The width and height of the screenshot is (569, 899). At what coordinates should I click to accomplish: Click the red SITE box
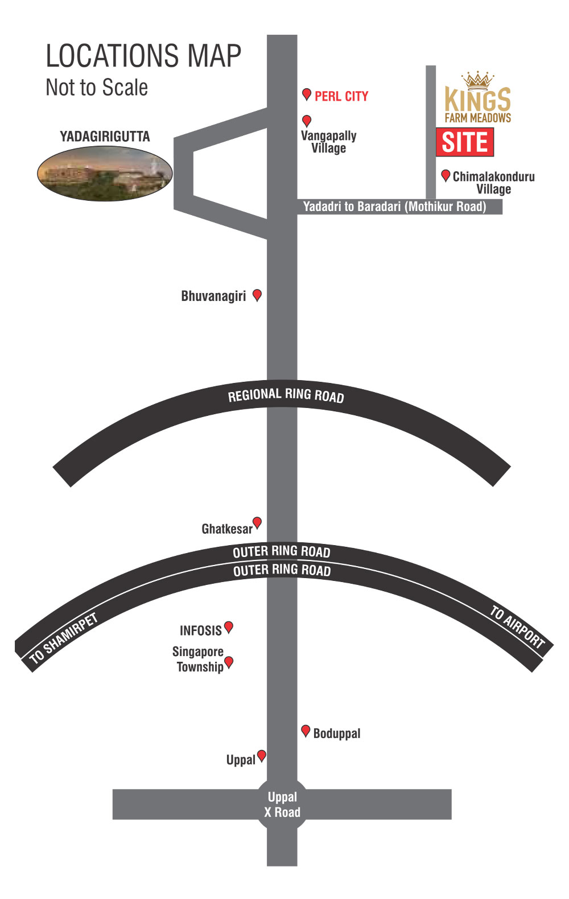tap(464, 142)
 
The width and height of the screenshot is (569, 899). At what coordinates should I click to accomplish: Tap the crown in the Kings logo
tap(477, 80)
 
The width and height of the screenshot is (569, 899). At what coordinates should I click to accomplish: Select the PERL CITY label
tap(341, 96)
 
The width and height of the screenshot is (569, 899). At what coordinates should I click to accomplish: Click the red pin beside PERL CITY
tap(306, 94)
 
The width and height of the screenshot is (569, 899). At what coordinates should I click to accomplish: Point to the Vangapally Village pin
tap(307, 120)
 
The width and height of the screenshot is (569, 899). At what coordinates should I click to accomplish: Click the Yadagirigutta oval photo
tap(105, 173)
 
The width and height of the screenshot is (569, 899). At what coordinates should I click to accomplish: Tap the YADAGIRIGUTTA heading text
tap(105, 137)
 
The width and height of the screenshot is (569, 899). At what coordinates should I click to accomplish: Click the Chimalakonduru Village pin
tap(446, 175)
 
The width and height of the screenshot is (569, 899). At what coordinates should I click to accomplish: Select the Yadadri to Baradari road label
tap(394, 207)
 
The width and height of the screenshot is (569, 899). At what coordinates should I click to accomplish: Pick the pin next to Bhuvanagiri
tap(257, 294)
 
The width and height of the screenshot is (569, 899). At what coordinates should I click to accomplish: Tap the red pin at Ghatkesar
tap(257, 522)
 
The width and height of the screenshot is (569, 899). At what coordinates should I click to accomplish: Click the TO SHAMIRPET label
tap(63, 638)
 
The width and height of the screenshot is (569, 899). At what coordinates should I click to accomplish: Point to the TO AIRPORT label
tap(517, 628)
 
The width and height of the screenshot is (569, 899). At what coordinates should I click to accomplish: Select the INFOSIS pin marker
tap(229, 626)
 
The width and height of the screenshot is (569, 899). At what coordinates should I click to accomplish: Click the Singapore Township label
tap(199, 659)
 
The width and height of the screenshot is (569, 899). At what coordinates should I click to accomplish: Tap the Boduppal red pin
tap(306, 731)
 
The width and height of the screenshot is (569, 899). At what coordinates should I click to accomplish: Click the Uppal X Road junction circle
tap(282, 804)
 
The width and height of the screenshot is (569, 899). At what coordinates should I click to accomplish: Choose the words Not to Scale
tap(97, 88)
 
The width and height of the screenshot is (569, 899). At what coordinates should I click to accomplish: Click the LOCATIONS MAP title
tap(143, 56)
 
